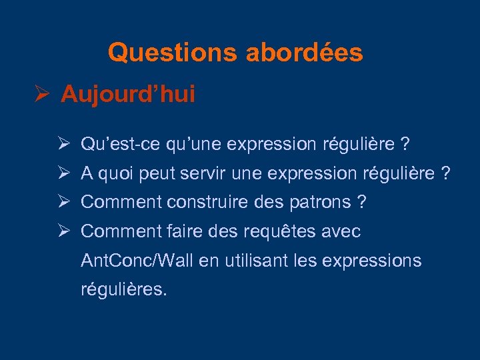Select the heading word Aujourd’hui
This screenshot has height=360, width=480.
[128, 95]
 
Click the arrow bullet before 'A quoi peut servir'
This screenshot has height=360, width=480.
[65, 173]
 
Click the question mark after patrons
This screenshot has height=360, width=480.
[362, 202]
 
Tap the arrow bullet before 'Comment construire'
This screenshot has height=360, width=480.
[65, 202]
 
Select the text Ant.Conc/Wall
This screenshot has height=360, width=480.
[137, 261]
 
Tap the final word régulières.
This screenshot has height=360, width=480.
[123, 290]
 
